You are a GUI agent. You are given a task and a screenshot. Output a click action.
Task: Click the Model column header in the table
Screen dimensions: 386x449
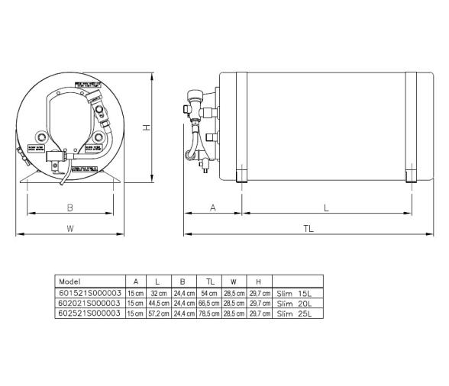pos(69,281)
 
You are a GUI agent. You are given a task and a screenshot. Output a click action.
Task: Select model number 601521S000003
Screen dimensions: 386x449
pos(89,292)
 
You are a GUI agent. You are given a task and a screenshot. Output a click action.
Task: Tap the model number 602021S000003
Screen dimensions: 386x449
pos(89,302)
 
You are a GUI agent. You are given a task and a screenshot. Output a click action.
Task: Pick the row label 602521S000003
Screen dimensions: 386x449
pos(89,313)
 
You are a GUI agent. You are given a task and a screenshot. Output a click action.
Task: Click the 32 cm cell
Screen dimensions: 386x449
pos(158,292)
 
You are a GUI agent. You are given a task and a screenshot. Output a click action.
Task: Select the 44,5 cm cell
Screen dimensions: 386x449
pos(158,302)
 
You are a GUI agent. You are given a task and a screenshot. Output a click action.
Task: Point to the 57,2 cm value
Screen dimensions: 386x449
pos(158,313)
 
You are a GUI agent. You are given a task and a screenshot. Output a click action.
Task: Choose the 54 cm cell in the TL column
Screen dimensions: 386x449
pos(208,292)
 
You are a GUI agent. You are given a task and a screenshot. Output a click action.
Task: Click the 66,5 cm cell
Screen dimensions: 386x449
pos(208,302)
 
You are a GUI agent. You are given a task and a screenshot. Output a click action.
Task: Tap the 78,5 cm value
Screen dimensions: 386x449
pos(208,313)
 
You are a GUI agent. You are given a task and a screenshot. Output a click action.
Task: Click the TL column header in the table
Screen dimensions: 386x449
pos(208,281)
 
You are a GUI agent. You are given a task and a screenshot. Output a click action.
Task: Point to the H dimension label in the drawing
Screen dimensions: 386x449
pos(145,128)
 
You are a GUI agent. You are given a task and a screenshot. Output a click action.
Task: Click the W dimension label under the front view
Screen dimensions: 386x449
pos(69,227)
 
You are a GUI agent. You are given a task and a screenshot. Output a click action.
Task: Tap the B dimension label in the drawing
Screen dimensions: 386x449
pos(69,207)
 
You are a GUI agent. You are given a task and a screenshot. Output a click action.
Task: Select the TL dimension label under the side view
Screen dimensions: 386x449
pos(308,227)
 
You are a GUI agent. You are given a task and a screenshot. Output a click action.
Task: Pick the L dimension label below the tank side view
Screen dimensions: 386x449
pos(327,207)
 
